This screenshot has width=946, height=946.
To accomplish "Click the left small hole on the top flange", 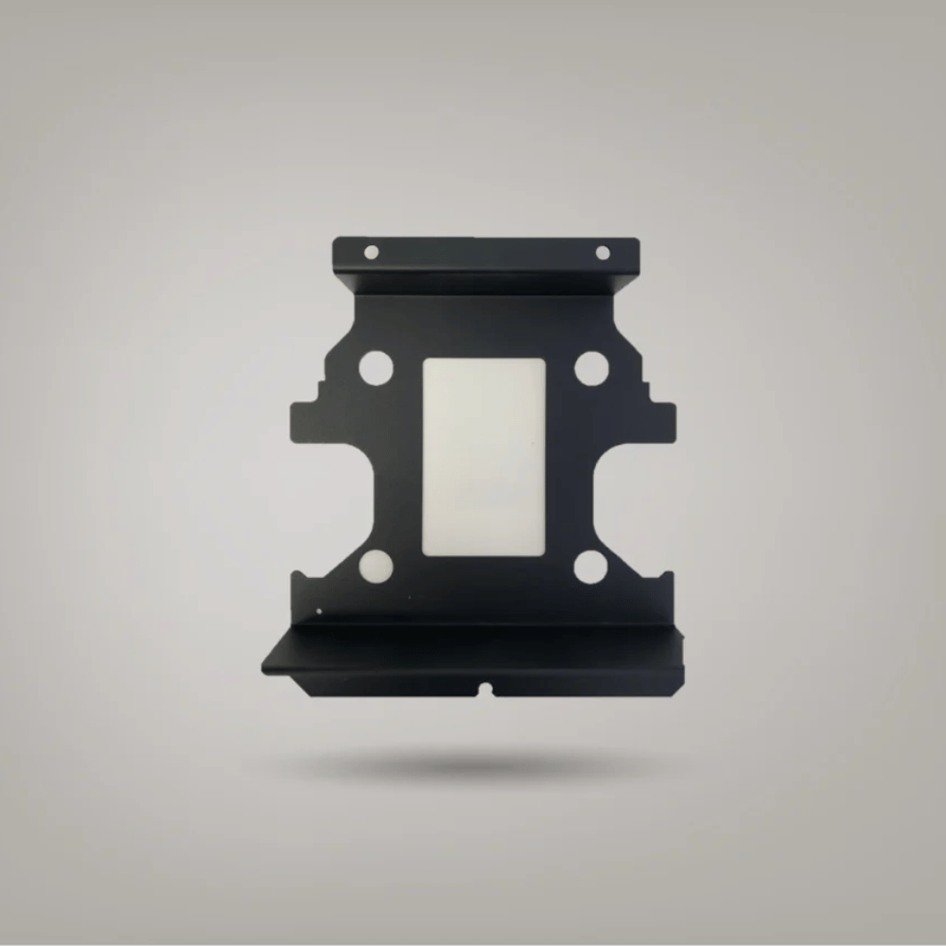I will (371, 252).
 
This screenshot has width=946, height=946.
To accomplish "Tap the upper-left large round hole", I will (376, 367).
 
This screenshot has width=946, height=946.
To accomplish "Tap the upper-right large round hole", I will (591, 368).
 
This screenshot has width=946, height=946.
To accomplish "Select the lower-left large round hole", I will (376, 566).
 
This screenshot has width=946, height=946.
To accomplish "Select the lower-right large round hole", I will (590, 566).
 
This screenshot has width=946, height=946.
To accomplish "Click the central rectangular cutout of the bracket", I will (483, 456).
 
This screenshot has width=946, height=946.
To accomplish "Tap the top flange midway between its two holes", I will (486, 253).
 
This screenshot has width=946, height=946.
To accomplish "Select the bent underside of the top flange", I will (486, 281).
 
